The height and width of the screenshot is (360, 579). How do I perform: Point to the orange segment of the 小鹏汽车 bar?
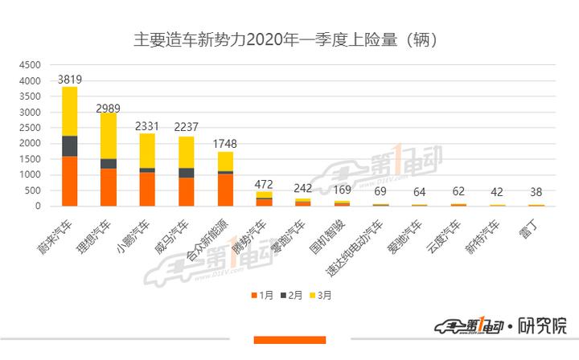pyautogui.click(x=147, y=189)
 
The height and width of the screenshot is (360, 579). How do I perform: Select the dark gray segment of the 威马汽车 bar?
pyautogui.click(x=186, y=173)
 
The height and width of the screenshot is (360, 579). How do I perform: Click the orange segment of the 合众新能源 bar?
pyautogui.click(x=224, y=190)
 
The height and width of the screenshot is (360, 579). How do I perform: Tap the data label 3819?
pyautogui.click(x=70, y=80)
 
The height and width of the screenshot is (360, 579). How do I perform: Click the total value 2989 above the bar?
pyautogui.click(x=109, y=107)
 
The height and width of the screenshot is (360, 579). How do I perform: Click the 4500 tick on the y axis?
pyautogui.click(x=30, y=65)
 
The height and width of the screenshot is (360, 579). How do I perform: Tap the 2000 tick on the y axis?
pyautogui.click(x=30, y=143)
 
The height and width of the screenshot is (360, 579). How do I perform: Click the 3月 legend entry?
pyautogui.click(x=323, y=296)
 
